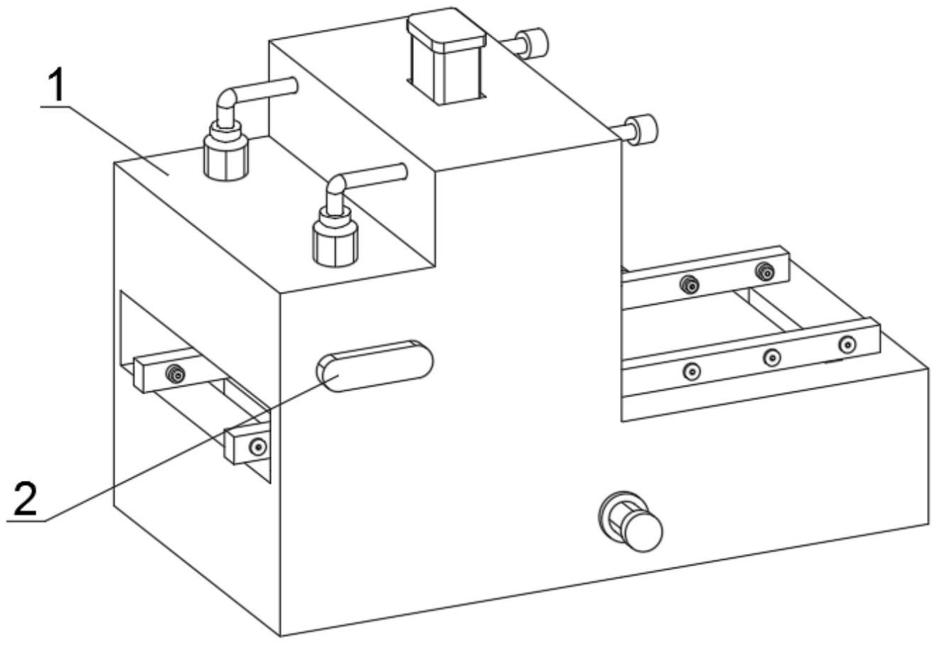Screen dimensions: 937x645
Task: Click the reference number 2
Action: (x=26, y=500)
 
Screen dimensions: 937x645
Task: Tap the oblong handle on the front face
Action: (x=375, y=365)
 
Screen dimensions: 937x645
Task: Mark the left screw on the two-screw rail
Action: (x=688, y=285)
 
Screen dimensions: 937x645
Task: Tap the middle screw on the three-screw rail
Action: (x=772, y=357)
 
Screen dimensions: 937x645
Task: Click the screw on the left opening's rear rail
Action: (x=173, y=373)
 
